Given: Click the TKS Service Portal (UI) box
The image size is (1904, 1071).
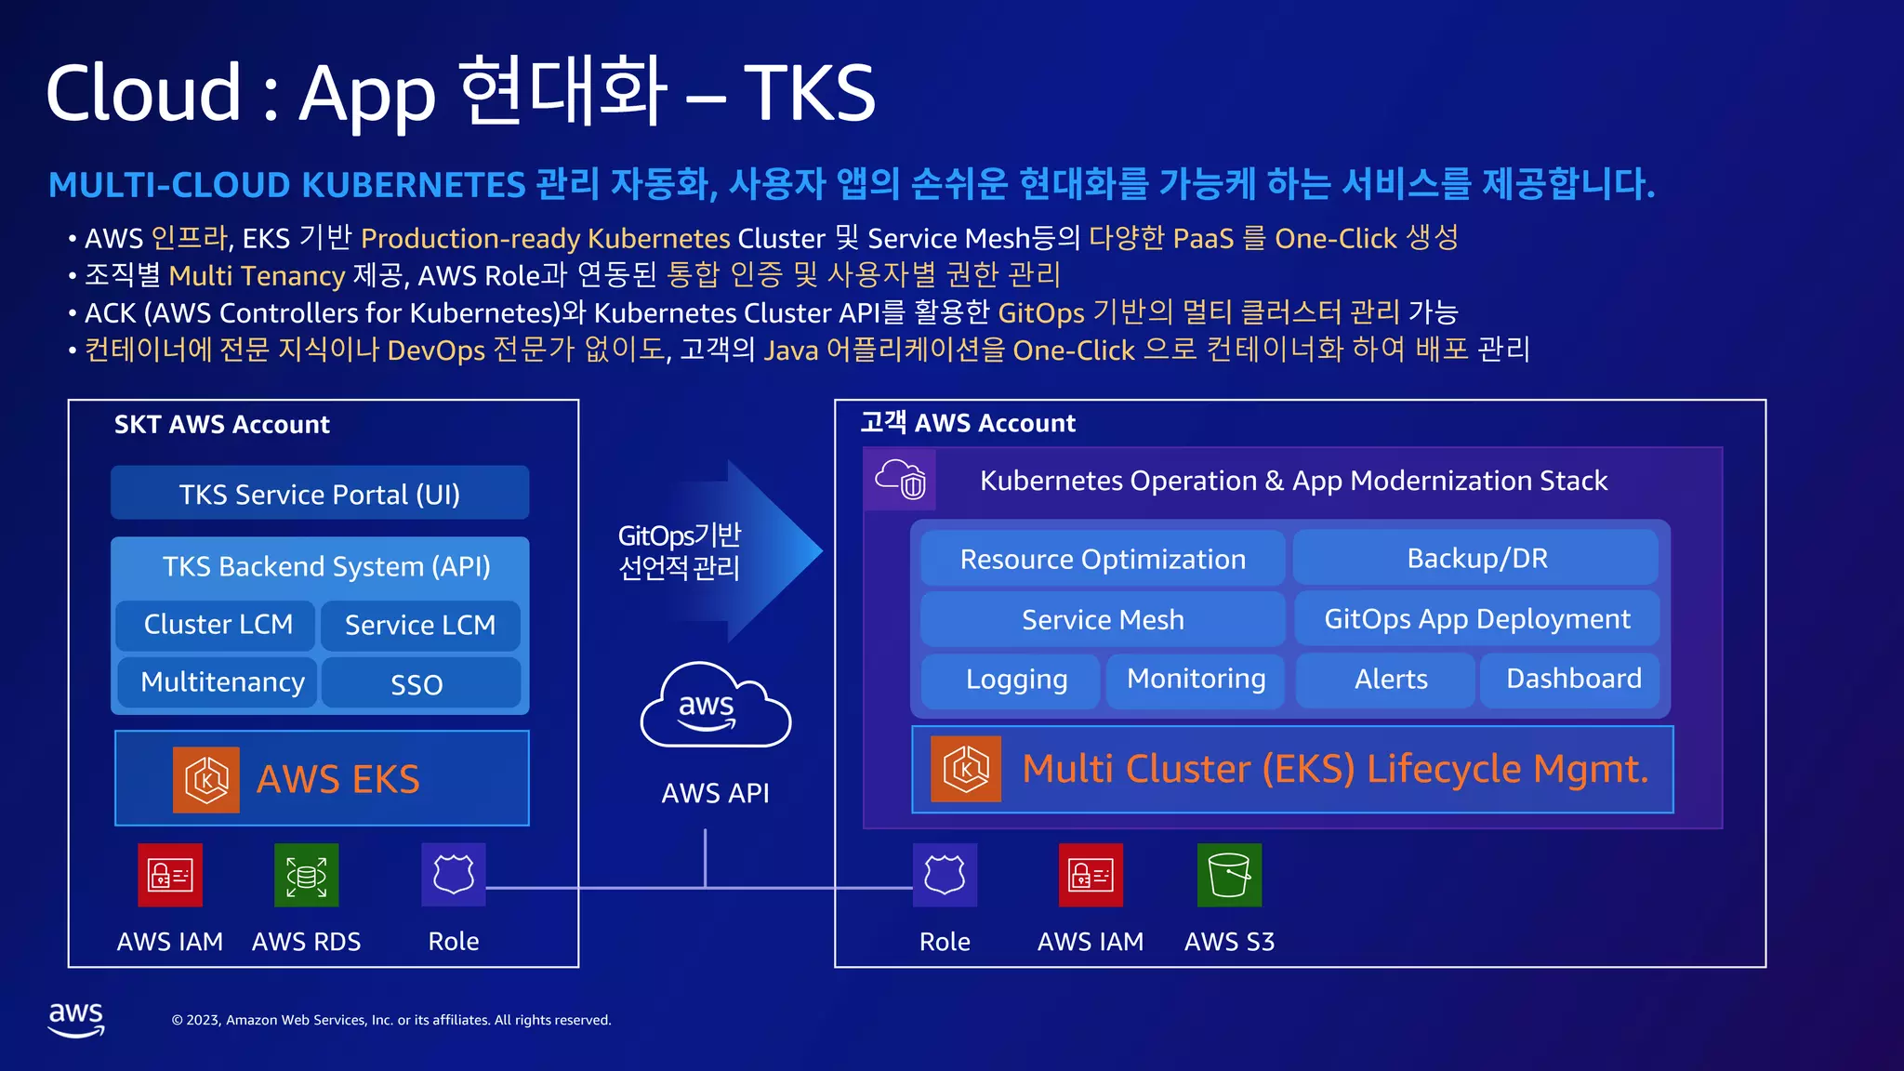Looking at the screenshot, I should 319,494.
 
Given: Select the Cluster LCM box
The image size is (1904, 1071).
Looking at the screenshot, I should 218,625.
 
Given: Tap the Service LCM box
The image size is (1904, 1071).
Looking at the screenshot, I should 420,626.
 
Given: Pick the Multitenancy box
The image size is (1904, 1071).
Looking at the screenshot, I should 221,682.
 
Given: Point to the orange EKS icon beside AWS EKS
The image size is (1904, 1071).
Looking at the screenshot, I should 206,779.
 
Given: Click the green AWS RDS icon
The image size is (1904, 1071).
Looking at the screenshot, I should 306,875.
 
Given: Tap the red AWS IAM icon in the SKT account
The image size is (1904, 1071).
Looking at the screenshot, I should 170,875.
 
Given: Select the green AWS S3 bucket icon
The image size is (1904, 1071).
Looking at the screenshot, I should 1229,875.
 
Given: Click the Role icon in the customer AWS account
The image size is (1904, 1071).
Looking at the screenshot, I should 945,875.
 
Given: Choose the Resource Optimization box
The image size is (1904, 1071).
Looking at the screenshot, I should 1103,559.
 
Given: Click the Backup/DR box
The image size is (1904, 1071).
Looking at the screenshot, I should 1476,558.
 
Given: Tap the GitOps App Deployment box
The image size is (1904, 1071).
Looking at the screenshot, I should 1476,619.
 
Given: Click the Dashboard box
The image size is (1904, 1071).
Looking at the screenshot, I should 1573,680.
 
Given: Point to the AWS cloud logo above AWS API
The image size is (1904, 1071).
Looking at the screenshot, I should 715,707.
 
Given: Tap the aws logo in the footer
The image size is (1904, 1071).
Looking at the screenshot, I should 76,1019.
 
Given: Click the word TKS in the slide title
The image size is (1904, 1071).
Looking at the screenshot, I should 809,93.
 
